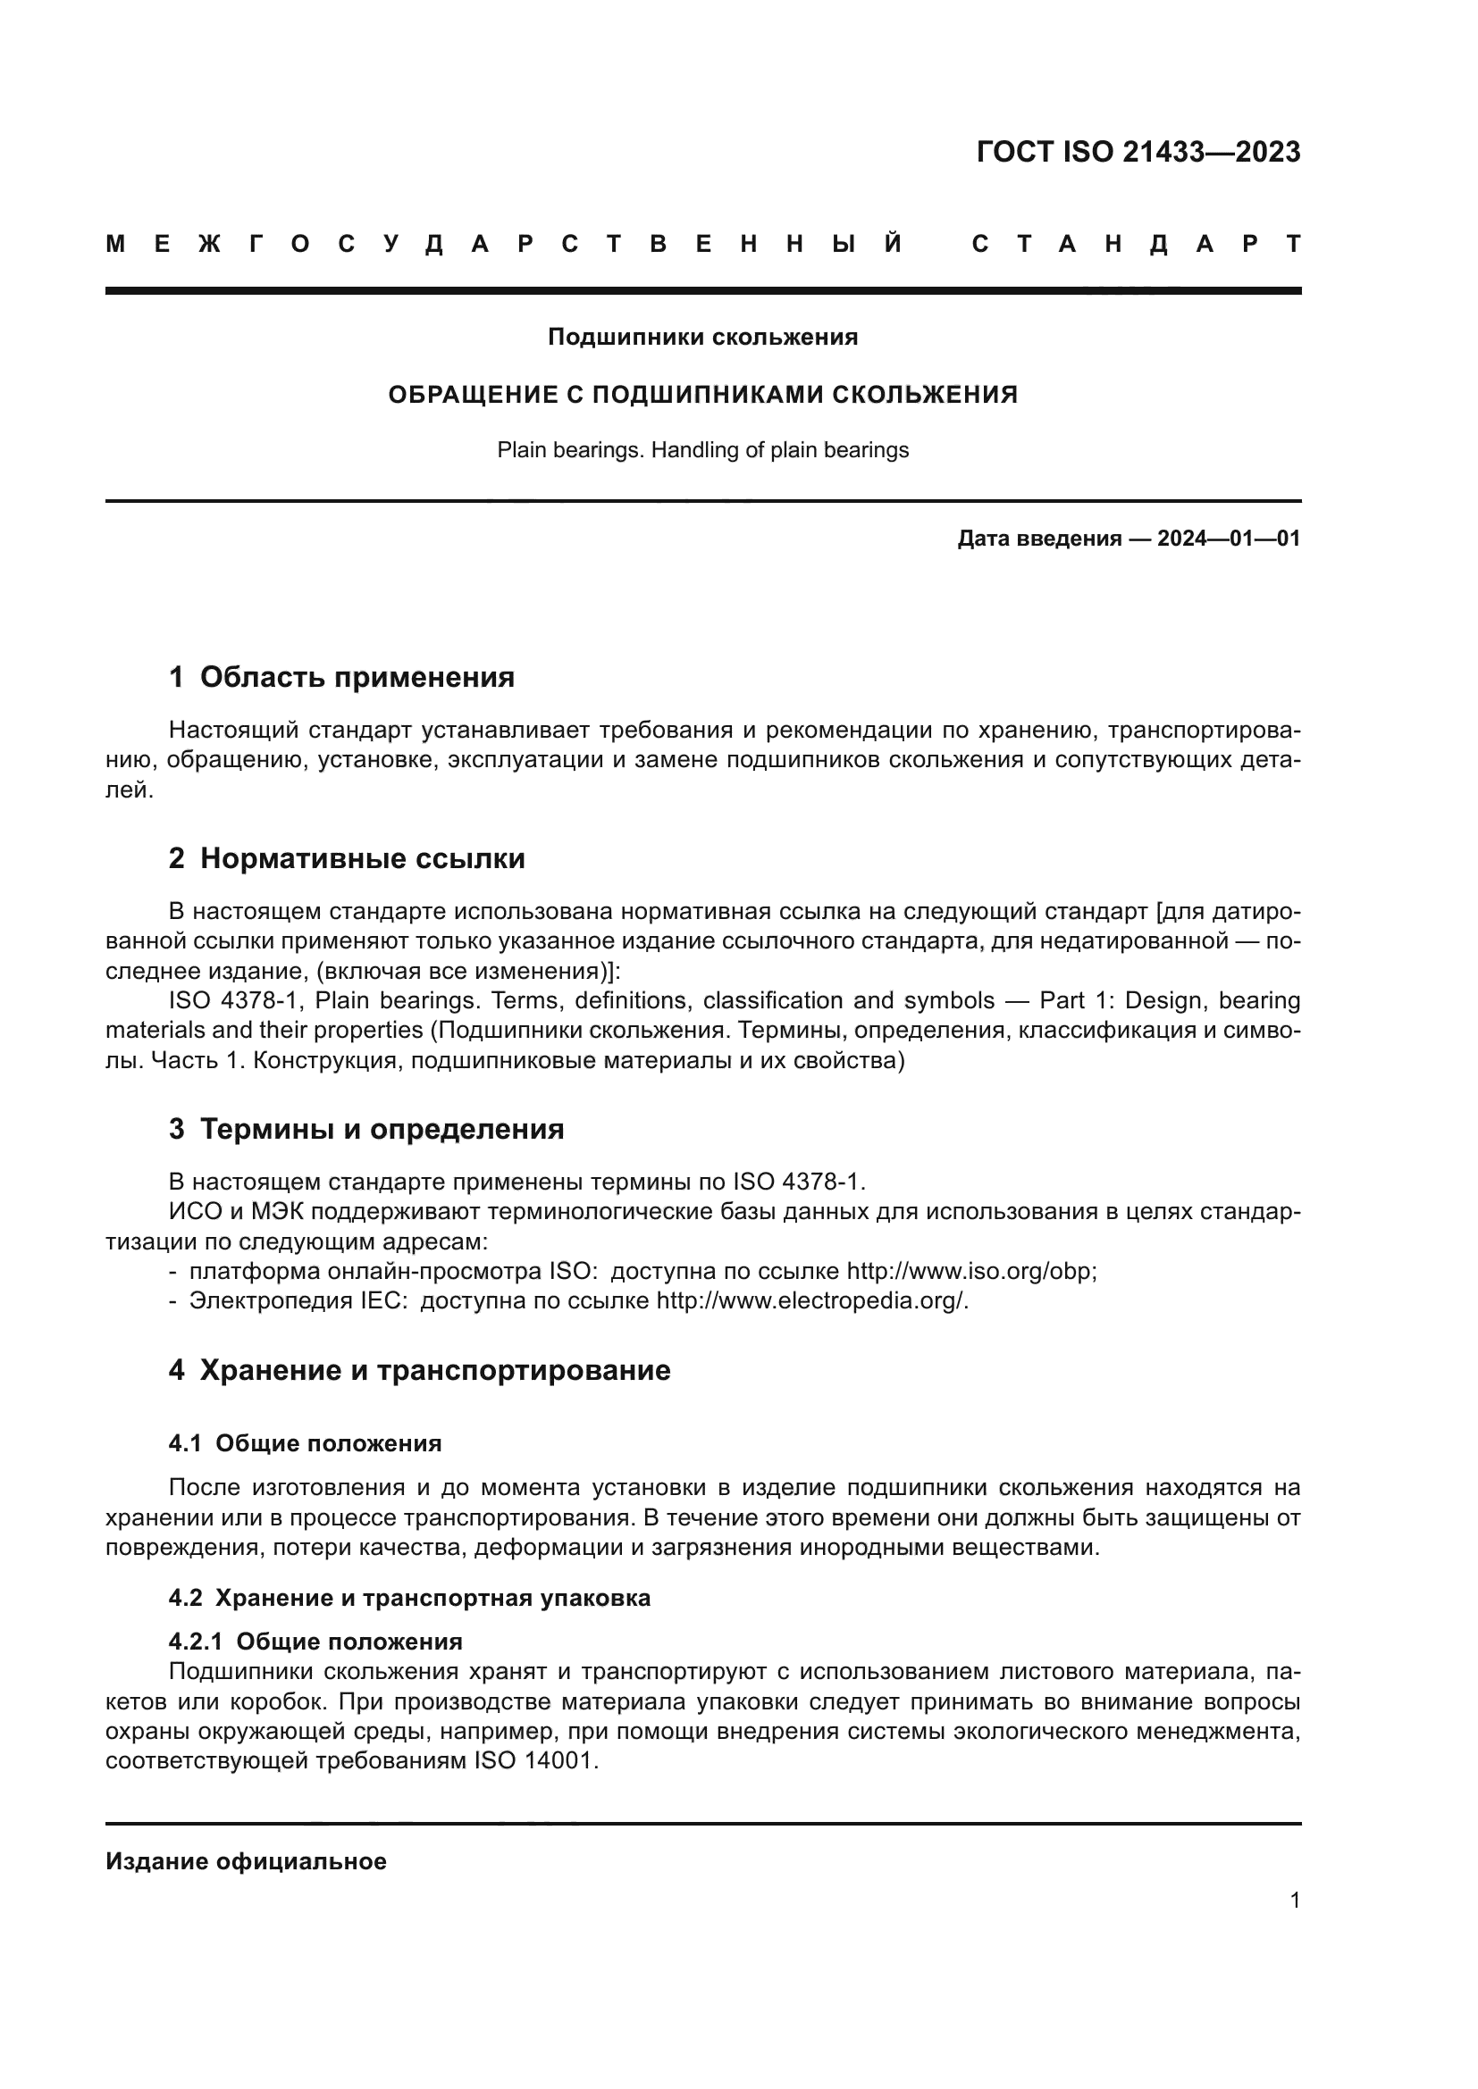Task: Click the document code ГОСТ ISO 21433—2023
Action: coord(1138,152)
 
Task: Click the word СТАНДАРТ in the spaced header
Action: coord(1136,245)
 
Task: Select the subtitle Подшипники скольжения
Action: coord(702,338)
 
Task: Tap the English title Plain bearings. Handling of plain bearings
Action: coord(702,450)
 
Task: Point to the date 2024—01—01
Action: coord(1228,539)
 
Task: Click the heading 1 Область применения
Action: coord(341,677)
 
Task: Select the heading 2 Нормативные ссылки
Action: coord(347,858)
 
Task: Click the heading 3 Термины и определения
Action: coord(365,1129)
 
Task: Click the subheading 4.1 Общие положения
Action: coord(305,1443)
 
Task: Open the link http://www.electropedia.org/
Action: coord(810,1301)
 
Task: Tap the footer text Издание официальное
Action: coord(246,1861)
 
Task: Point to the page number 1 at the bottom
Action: coord(1294,1901)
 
